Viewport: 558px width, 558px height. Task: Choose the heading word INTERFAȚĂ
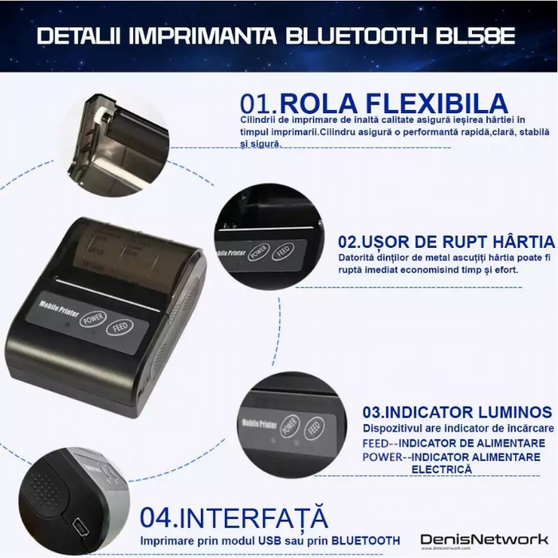point(252,517)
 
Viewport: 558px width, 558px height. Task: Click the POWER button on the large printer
point(93,318)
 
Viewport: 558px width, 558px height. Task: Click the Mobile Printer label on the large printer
point(59,308)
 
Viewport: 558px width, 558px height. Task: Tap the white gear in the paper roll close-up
point(102,116)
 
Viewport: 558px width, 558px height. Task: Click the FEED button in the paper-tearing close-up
point(283,250)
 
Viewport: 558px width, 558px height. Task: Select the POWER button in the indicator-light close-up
point(289,426)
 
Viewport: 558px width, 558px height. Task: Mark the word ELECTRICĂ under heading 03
point(442,469)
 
